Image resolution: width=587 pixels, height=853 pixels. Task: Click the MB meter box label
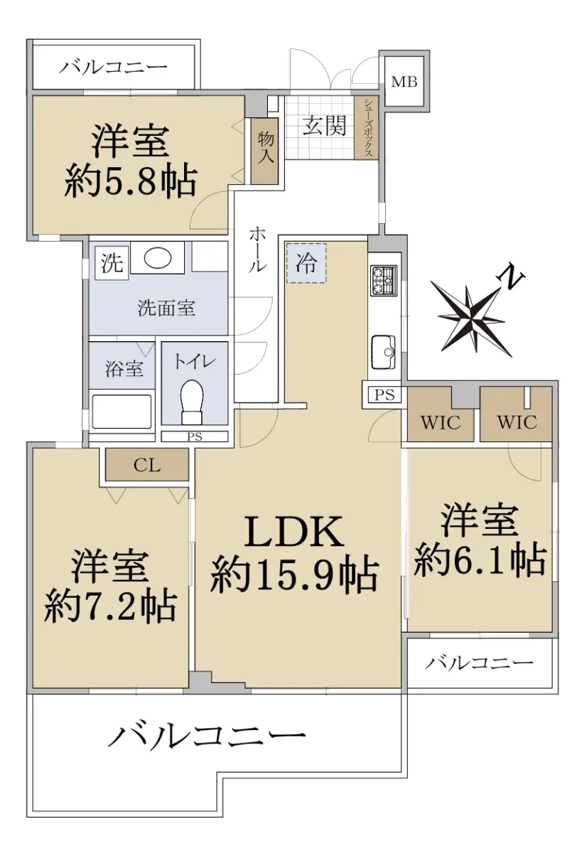tap(404, 82)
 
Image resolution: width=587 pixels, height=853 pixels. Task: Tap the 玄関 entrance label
tap(324, 126)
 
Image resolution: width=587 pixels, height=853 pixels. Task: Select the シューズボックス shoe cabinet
tap(367, 128)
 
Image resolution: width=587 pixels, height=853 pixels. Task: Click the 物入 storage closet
tap(265, 151)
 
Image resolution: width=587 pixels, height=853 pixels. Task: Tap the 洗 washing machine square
tap(112, 263)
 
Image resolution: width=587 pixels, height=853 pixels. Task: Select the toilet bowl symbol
tap(192, 402)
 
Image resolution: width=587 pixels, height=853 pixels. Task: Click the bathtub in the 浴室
tap(122, 412)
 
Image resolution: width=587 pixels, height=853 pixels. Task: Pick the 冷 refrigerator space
tap(306, 263)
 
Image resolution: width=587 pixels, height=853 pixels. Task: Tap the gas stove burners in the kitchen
tap(384, 281)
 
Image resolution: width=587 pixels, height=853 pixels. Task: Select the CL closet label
tap(147, 465)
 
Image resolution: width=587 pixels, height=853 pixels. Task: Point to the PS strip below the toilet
tap(195, 436)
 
